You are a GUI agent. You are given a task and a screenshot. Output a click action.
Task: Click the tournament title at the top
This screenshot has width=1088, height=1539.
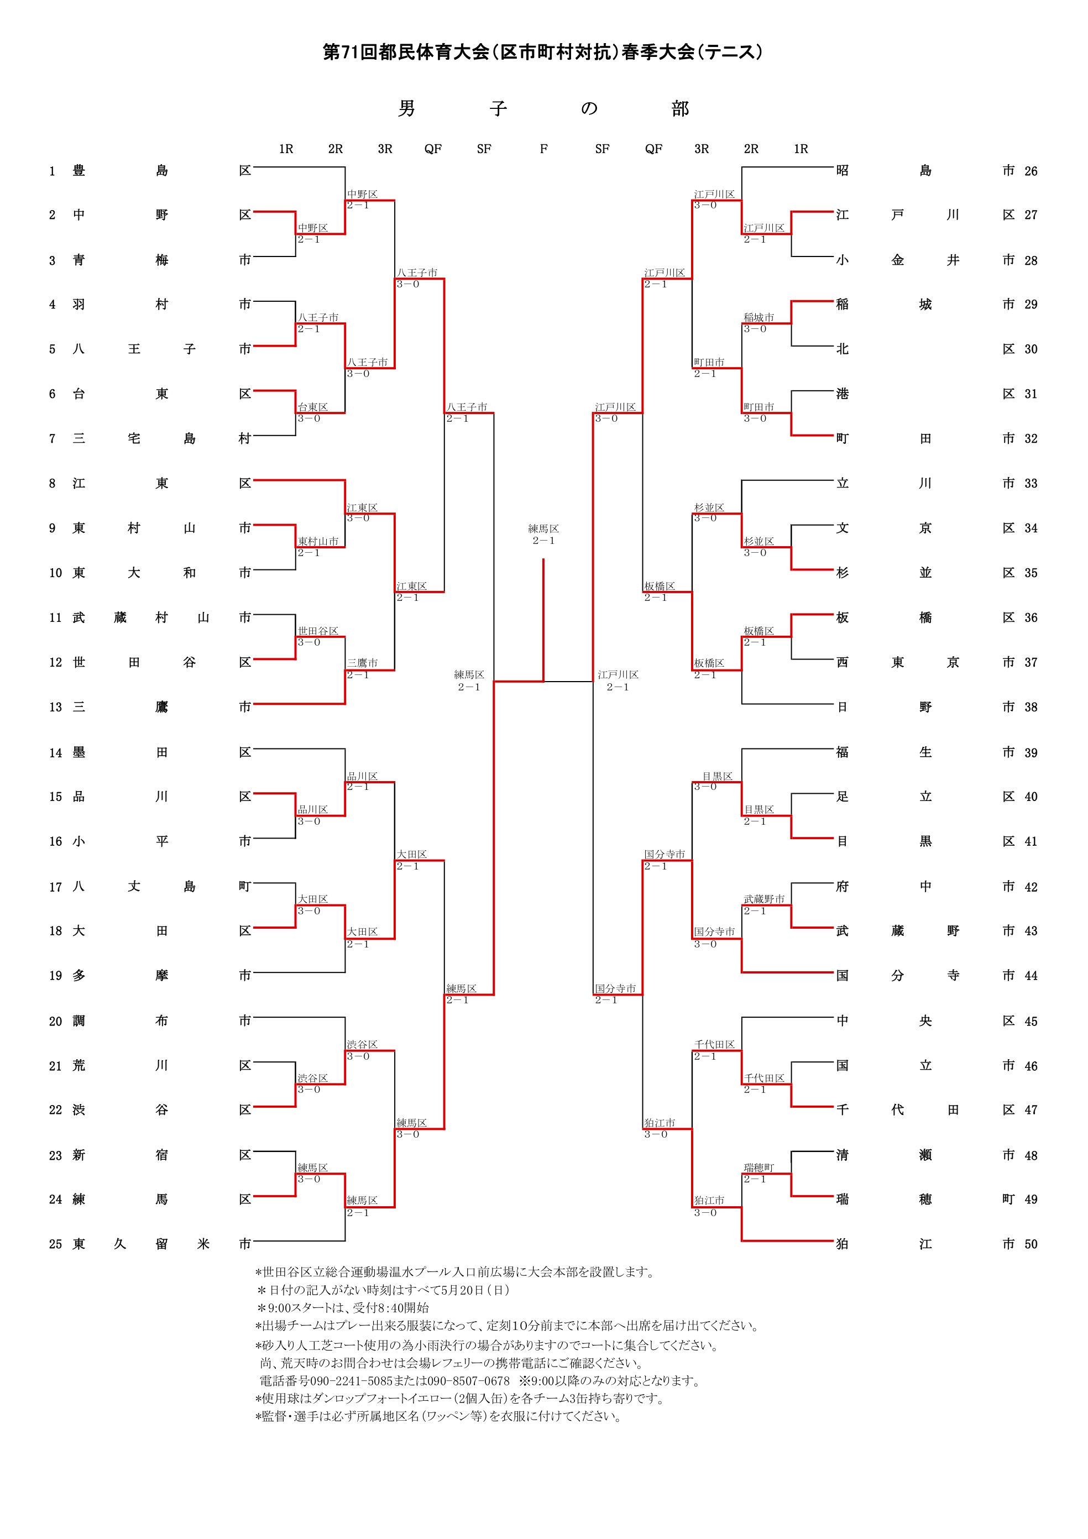543,53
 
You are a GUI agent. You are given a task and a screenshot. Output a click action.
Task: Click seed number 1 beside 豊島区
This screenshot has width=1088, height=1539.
53,171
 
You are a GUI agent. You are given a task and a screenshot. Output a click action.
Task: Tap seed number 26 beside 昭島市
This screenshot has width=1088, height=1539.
1031,171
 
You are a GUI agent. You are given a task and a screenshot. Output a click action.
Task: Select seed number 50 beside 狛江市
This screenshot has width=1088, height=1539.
1031,1244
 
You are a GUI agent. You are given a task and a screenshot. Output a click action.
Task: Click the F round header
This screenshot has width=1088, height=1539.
543,149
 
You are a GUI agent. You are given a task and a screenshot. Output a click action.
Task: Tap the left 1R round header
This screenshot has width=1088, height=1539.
286,149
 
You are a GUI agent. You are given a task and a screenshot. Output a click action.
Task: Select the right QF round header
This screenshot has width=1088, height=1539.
653,149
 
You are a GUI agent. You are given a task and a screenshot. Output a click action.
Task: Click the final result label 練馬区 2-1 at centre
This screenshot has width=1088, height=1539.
543,534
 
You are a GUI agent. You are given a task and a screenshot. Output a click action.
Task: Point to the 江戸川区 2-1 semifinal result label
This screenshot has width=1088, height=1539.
618,680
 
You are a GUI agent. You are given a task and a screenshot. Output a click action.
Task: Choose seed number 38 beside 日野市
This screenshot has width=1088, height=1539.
1031,707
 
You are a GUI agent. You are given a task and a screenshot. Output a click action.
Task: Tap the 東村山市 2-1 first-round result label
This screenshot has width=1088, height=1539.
318,546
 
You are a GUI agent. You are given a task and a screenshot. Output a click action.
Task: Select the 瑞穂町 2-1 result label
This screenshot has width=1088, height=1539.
759,1173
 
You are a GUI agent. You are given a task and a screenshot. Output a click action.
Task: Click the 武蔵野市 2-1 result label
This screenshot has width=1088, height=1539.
763,904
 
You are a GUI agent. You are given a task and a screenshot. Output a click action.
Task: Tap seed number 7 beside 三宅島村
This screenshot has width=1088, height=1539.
53,438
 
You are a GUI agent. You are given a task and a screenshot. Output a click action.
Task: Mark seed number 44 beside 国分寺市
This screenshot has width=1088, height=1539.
1031,976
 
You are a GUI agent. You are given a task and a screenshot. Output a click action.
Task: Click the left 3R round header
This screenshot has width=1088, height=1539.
385,149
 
